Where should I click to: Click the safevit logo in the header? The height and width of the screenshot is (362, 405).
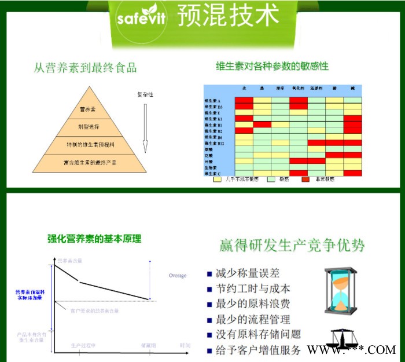point(141,17)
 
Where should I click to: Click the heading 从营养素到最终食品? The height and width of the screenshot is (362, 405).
point(85,67)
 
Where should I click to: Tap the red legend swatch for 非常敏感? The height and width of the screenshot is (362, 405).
point(307,180)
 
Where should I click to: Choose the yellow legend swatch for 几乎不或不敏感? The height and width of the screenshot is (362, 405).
point(218,180)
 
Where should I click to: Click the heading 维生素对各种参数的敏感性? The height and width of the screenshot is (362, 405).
point(272,66)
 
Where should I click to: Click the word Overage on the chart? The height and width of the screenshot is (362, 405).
point(178,276)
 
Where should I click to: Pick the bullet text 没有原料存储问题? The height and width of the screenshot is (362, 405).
point(258,335)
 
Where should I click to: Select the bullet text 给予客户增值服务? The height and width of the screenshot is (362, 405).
point(258,350)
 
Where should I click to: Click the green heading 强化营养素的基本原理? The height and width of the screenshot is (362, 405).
point(94,239)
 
